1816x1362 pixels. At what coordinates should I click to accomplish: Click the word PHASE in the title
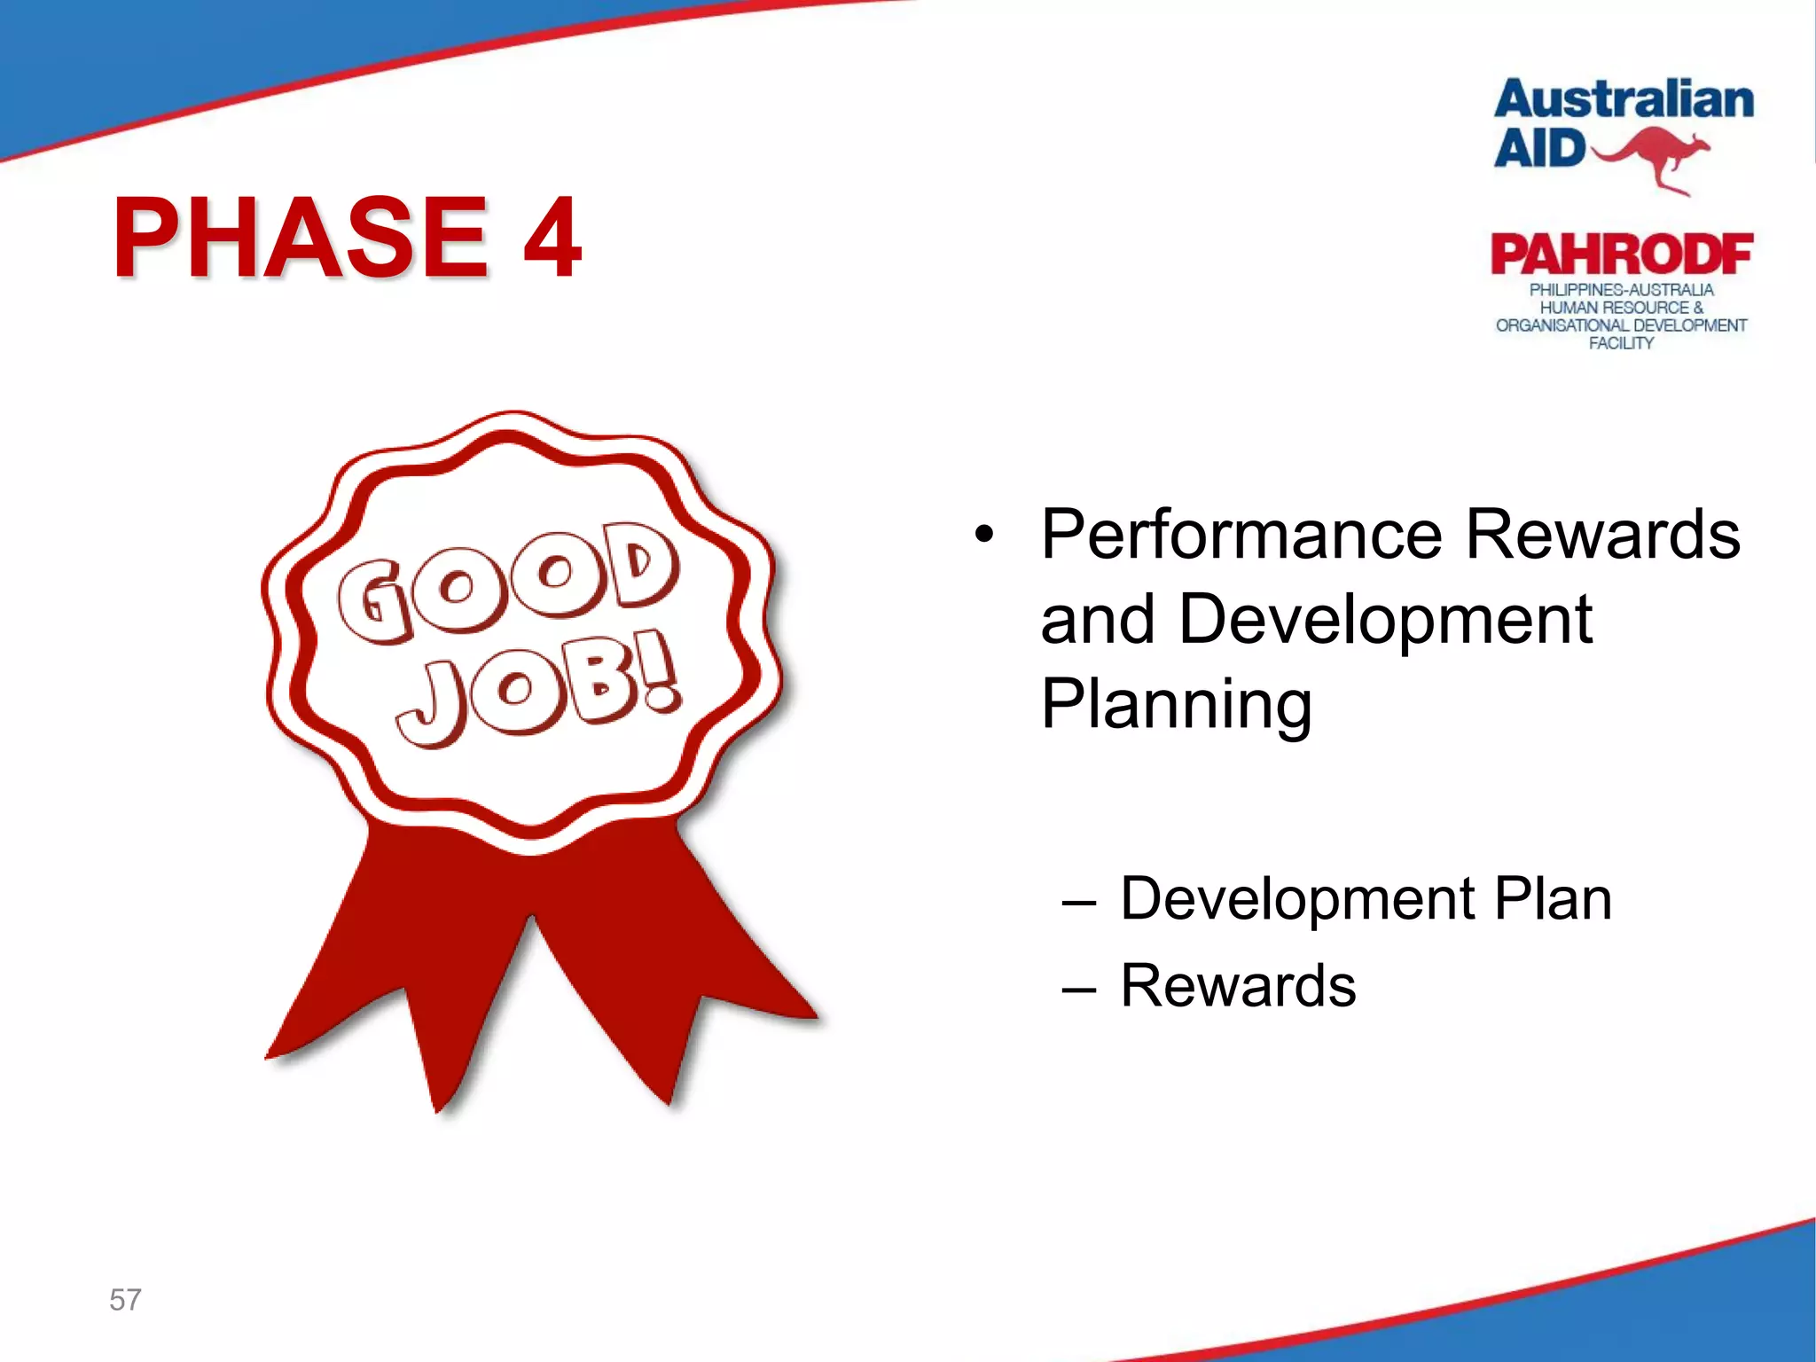tap(300, 238)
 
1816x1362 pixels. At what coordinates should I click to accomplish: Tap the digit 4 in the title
tap(552, 238)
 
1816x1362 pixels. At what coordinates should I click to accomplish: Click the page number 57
tap(125, 1300)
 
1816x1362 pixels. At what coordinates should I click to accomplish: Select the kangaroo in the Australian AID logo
tap(1651, 156)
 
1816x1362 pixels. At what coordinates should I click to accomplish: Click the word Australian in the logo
tap(1624, 99)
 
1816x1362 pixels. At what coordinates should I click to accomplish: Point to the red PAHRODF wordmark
tap(1621, 255)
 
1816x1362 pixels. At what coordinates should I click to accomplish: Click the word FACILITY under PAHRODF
tap(1621, 343)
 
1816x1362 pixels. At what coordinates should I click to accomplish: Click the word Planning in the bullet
tap(1176, 704)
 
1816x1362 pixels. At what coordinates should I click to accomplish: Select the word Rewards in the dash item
tap(1238, 985)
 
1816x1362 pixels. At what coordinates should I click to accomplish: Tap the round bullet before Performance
tap(982, 536)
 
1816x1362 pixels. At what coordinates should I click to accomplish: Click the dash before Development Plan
tap(1078, 903)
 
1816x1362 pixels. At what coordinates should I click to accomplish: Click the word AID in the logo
tap(1539, 148)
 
